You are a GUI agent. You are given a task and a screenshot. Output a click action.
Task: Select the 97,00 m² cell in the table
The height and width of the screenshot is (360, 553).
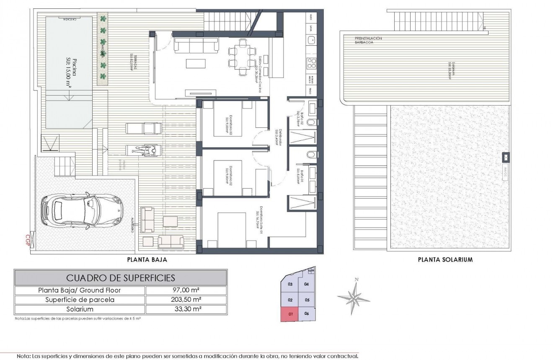point(186,290)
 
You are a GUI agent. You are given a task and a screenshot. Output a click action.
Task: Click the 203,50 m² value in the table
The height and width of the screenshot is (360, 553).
point(186,300)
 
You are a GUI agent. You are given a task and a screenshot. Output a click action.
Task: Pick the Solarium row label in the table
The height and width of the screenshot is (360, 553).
point(80,309)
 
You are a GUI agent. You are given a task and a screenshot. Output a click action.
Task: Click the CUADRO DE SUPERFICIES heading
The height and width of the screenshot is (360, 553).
point(121,277)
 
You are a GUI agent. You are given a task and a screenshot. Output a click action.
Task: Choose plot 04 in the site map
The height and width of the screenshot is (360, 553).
point(306,284)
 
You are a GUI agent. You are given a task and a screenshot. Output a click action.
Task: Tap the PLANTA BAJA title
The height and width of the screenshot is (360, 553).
point(147,259)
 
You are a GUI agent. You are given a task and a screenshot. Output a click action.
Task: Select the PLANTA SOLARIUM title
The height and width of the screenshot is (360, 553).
point(445,259)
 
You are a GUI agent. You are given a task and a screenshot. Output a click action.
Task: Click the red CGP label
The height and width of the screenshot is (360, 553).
point(28,241)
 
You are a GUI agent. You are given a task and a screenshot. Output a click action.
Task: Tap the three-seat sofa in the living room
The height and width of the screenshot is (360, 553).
point(196,44)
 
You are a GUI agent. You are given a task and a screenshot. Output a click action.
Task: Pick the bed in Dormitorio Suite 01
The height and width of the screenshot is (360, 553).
point(231,230)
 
